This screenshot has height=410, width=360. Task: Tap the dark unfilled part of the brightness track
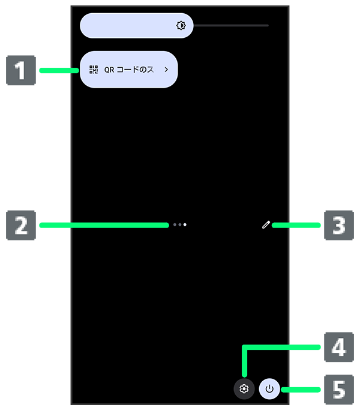(231, 26)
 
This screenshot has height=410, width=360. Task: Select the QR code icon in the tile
(93, 70)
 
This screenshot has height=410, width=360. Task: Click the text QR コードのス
(129, 70)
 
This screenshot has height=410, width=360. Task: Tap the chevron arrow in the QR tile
(166, 70)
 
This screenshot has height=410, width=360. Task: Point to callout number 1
(21, 71)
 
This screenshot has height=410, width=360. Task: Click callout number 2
(21, 226)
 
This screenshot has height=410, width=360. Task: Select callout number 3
(339, 226)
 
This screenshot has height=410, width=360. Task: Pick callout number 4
(339, 347)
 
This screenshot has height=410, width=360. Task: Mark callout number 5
(339, 389)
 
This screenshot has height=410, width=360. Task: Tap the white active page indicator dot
(185, 225)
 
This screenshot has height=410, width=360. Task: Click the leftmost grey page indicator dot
(174, 225)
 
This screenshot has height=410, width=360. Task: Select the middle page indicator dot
(179, 225)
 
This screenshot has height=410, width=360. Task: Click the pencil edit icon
(265, 225)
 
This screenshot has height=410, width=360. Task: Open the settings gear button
(244, 389)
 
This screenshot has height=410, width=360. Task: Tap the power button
(269, 389)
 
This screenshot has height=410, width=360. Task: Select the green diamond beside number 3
(306, 226)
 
